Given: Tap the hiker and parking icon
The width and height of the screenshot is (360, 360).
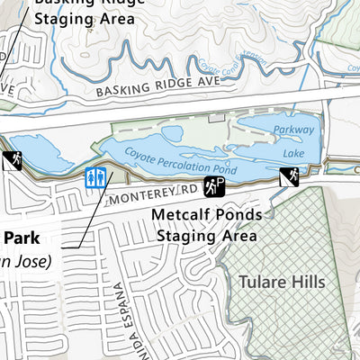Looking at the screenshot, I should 214,187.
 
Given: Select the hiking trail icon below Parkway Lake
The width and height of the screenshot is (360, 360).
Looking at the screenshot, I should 290,176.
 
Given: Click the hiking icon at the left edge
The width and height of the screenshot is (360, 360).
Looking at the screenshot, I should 12,161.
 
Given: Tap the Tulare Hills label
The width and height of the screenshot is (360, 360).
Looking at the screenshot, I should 281,282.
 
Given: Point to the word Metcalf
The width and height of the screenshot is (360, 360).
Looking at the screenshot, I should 182,216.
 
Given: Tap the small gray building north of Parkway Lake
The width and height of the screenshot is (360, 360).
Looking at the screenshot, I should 215,117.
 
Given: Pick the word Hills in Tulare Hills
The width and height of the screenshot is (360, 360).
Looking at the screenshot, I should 306,282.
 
